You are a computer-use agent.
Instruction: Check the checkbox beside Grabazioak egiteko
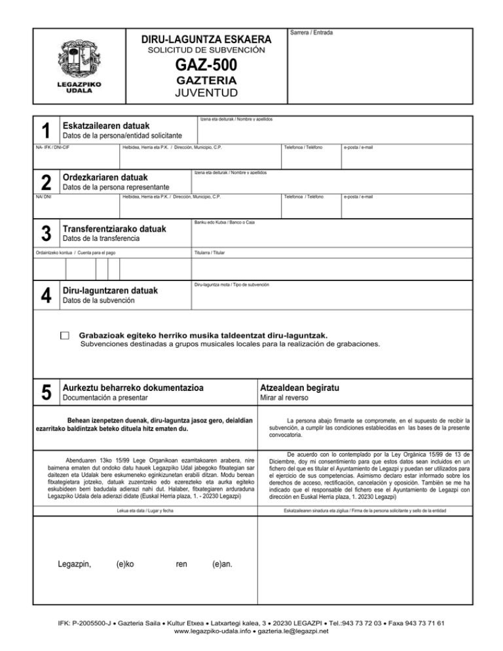coord(64,335)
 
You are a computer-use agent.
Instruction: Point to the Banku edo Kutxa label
coord(225,223)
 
